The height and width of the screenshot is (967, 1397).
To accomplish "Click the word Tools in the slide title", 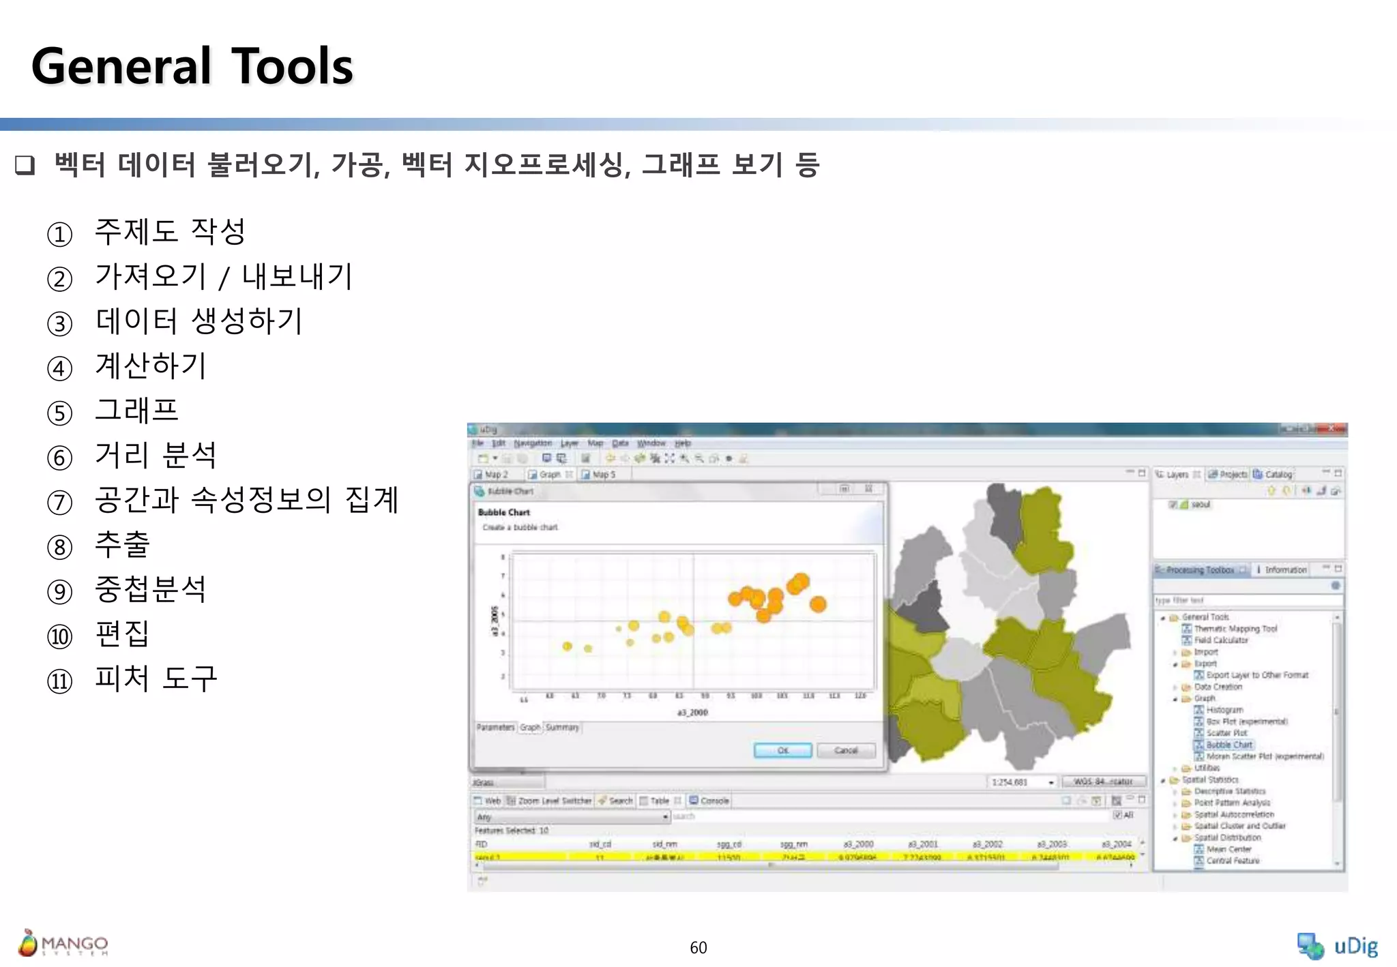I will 292,67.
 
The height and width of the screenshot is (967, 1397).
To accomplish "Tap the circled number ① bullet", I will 60,235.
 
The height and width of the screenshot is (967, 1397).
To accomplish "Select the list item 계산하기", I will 151,366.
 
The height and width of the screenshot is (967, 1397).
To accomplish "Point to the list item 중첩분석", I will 151,589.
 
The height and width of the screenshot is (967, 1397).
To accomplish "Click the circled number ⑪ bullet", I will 60,681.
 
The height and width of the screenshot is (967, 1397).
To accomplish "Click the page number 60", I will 698,947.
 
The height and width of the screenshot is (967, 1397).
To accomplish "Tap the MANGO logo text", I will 74,944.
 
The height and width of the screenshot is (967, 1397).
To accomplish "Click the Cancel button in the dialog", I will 846,751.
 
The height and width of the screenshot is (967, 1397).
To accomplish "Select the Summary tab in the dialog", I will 562,728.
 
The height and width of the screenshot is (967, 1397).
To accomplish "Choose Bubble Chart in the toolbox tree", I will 1229,745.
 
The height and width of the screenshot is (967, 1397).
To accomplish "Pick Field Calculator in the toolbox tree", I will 1221,640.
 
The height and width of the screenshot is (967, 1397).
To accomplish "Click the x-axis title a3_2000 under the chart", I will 692,713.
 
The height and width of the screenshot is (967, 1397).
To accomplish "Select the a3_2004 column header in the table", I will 1117,844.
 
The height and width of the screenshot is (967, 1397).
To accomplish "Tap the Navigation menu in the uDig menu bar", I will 533,443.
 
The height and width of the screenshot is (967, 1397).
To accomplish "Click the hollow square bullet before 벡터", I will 25,165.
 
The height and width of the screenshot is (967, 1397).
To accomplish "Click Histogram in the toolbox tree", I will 1224,710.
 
